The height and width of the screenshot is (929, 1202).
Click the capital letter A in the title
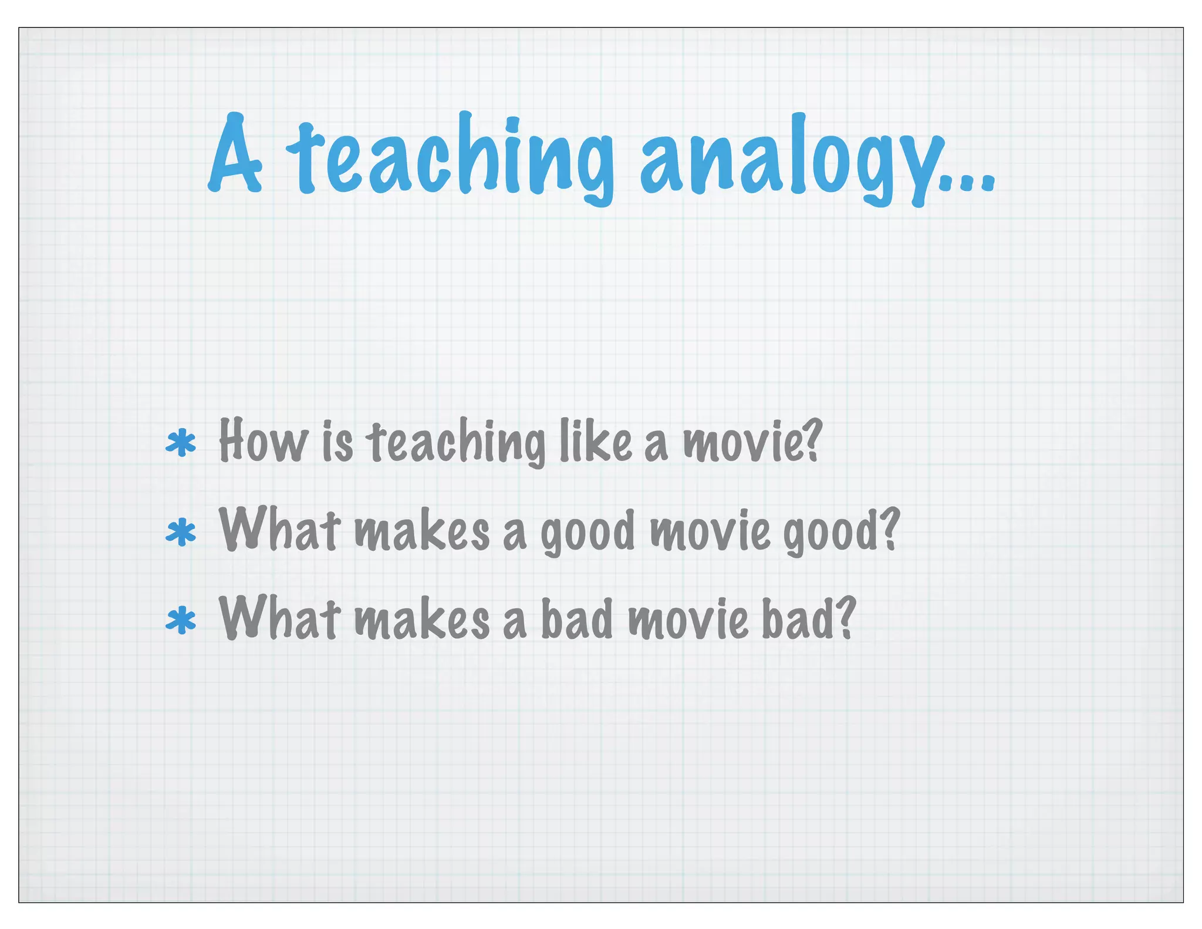235,154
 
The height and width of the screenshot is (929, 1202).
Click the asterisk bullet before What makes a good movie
181,533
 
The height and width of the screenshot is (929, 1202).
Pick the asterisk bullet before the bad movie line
181,621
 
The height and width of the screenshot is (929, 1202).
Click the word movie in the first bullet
751,442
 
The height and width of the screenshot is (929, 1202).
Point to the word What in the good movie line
279,530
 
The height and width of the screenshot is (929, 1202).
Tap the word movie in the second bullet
710,531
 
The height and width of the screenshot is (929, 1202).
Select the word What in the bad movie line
279,618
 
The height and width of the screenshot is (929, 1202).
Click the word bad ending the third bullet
808,619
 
